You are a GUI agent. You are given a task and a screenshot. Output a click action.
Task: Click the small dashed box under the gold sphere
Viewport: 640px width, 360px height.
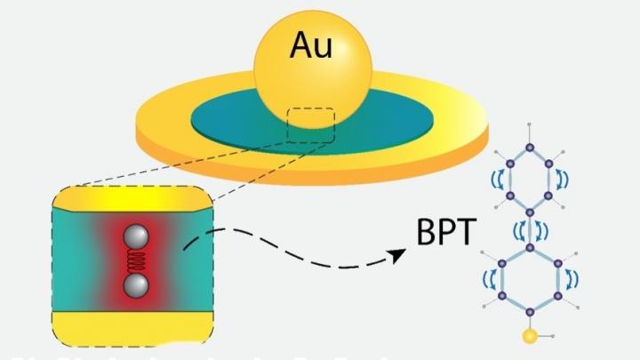(311, 125)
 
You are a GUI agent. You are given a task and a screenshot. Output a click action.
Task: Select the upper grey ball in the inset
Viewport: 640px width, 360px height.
(135, 236)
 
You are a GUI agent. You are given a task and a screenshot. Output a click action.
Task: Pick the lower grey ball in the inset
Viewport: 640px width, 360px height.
(135, 284)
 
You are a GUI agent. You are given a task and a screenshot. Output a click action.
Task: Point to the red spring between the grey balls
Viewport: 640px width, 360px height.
(135, 260)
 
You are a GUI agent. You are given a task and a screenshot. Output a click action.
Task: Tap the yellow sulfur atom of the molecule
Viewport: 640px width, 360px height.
(531, 336)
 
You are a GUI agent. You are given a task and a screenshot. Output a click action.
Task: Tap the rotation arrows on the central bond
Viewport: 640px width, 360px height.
(531, 229)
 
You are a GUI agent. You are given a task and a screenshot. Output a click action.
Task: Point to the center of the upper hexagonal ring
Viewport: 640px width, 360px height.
(531, 179)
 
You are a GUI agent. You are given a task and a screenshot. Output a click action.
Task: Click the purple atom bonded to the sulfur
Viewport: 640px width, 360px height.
(531, 310)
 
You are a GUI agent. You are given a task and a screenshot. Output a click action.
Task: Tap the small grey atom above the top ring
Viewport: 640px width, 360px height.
(531, 124)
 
